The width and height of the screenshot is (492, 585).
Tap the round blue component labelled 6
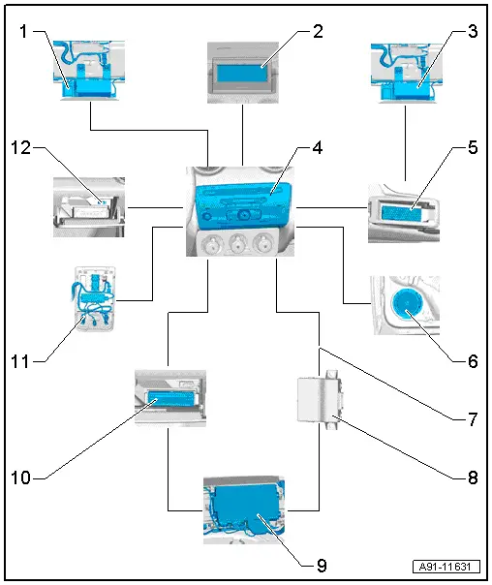tap(407, 305)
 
